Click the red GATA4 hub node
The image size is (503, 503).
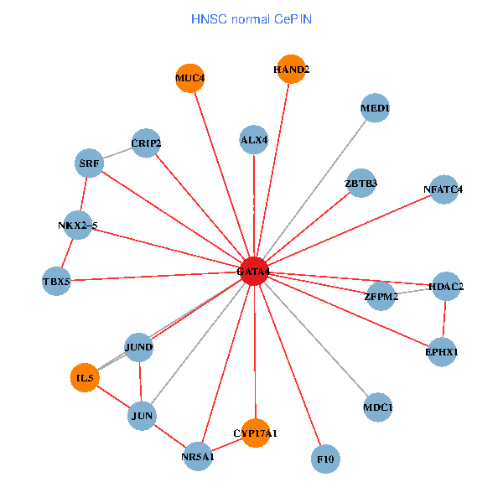[253, 272]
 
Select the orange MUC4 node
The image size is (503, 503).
[190, 78]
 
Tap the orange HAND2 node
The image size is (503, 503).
[292, 70]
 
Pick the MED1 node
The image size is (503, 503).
[375, 108]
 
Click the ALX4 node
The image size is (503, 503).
[253, 140]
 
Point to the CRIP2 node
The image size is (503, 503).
[146, 143]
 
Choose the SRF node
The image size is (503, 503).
[89, 163]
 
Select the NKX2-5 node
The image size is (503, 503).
[77, 226]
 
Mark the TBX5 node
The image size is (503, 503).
[56, 282]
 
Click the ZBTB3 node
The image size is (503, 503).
[361, 183]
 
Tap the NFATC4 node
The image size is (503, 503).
[443, 189]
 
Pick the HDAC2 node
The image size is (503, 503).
[446, 287]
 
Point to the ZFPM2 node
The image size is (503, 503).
[381, 296]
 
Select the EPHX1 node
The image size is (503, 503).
[443, 352]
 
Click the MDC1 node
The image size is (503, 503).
[378, 407]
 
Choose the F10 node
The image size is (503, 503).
[325, 459]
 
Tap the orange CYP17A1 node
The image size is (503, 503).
[255, 433]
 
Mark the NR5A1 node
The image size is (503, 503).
[198, 457]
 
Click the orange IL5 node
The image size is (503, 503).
[85, 379]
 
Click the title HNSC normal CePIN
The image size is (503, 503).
[251, 18]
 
